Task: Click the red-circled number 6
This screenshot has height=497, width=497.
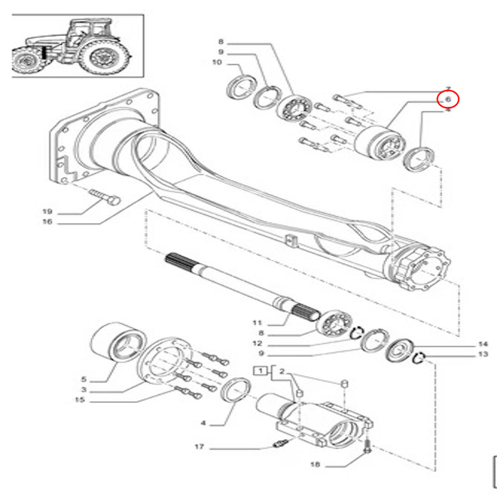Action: point(447,98)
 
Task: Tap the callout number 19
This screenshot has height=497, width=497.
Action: point(47,211)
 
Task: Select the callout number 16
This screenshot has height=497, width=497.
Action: point(47,222)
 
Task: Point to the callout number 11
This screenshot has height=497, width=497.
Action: point(258,323)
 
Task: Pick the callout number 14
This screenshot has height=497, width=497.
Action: point(483,344)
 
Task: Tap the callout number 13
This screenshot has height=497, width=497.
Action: point(483,355)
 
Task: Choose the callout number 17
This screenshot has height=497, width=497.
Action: point(200,446)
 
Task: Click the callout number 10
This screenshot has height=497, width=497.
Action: point(217,62)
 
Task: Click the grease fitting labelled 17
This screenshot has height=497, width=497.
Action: point(280,443)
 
